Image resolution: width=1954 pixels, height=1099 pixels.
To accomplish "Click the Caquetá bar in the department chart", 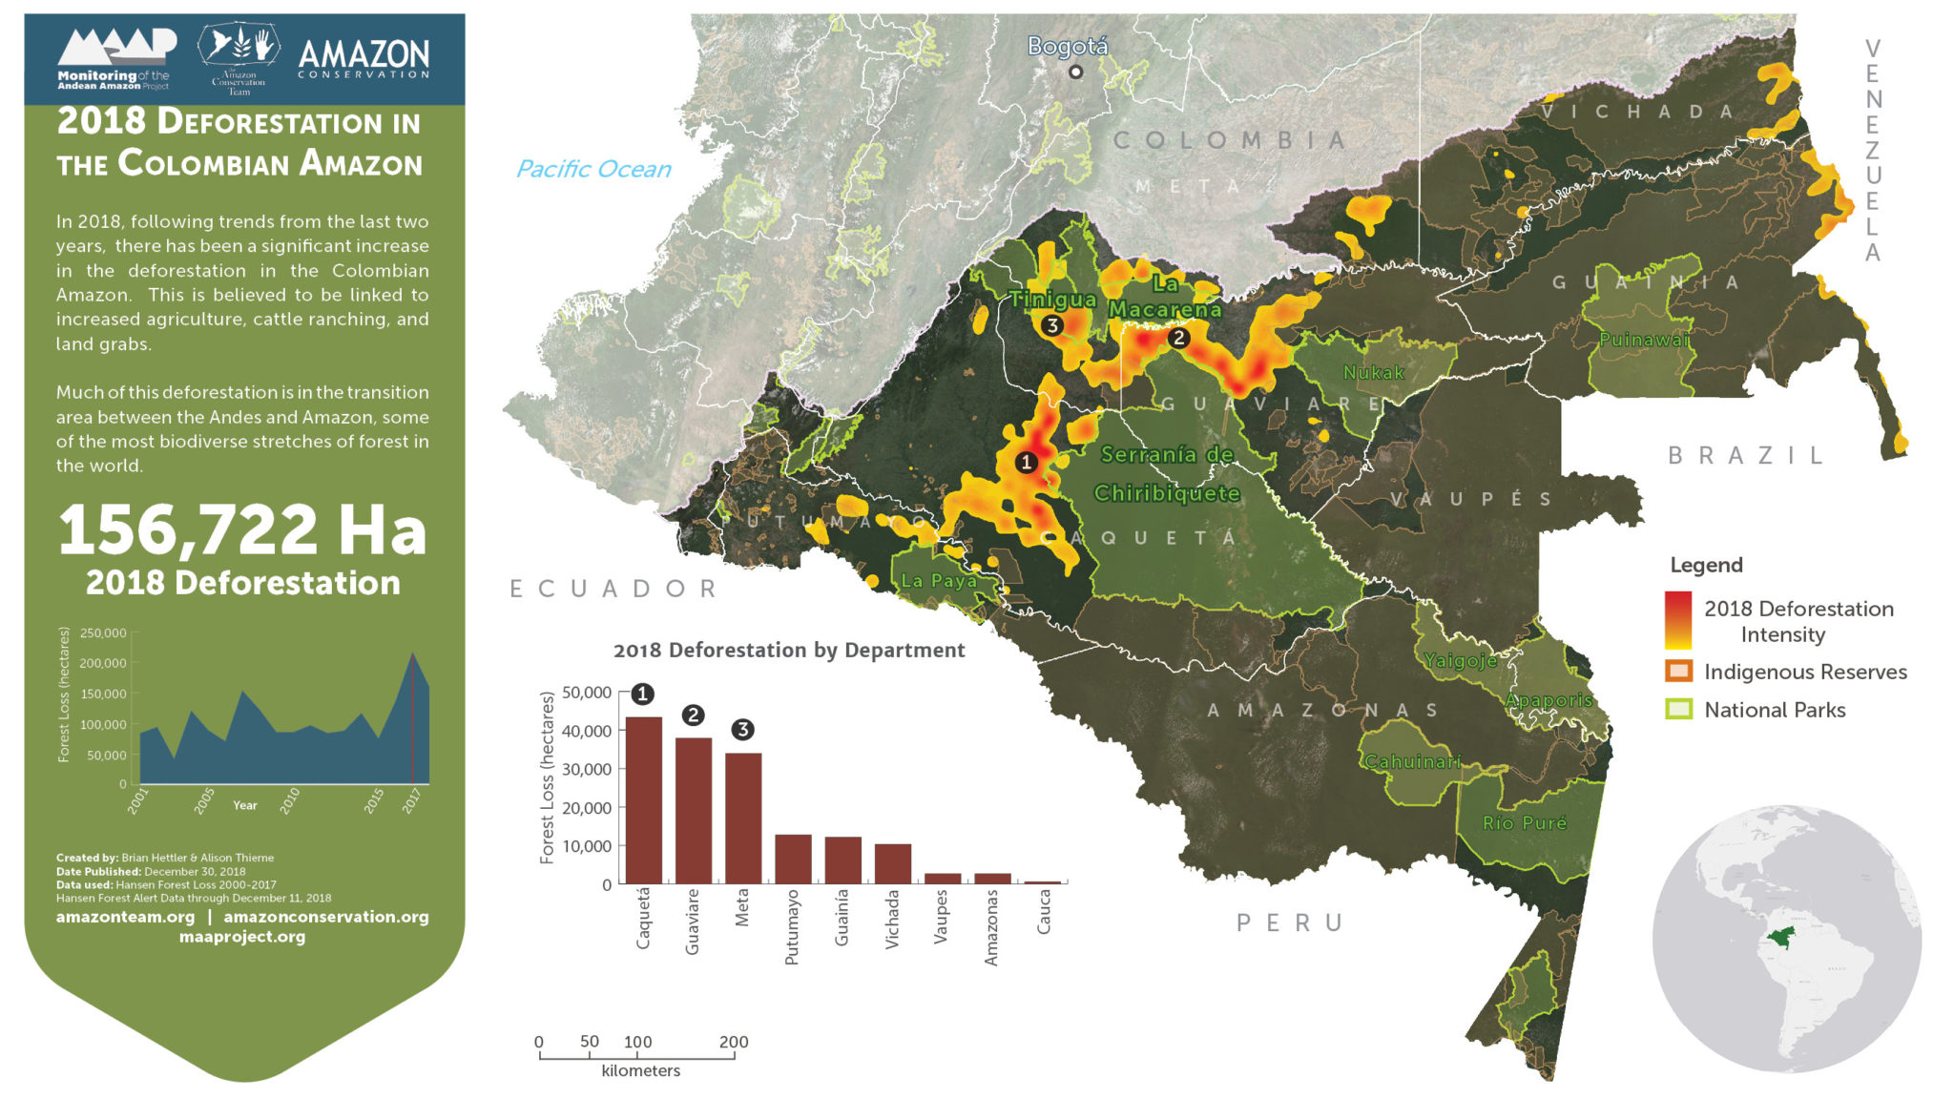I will [643, 799].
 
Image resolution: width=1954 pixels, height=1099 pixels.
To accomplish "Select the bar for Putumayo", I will [793, 859].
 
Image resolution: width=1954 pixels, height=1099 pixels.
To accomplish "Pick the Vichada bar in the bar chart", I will [892, 863].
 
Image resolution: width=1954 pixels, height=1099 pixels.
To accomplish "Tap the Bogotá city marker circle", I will [1075, 72].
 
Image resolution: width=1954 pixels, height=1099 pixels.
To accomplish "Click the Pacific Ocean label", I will [592, 169].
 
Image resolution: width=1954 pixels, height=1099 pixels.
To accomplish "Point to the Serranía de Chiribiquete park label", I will [1167, 474].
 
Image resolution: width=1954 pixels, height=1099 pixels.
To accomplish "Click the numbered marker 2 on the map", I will [1178, 338].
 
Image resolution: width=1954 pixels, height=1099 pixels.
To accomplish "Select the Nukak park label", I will [1373, 373].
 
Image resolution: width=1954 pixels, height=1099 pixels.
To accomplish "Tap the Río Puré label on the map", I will [1524, 822].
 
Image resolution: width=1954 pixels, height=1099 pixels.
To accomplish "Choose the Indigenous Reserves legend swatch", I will [1678, 672].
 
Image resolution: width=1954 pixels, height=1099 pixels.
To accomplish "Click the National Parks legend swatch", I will [1678, 709].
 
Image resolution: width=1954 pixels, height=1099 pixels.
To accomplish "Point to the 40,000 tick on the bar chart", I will [587, 731].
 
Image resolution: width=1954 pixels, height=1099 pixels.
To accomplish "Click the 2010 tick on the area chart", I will [290, 799].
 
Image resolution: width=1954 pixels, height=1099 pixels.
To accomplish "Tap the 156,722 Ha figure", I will [242, 531].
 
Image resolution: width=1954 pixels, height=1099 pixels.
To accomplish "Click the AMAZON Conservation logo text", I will [364, 57].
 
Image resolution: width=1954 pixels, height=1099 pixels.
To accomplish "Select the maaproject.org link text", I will [242, 937].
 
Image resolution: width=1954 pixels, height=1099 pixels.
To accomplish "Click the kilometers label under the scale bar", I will [640, 1070].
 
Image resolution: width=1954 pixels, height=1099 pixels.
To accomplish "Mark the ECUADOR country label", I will [613, 589].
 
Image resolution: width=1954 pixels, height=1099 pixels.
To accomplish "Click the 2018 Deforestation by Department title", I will [788, 650].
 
